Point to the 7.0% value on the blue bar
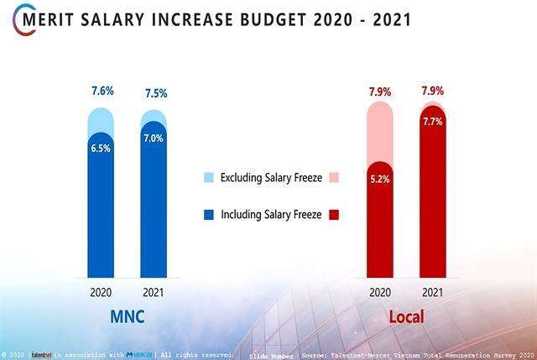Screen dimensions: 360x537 tap(153, 138)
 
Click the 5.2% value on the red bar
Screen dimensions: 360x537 tap(380, 180)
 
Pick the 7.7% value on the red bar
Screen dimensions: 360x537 tap(433, 123)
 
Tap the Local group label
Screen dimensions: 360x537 tap(406, 317)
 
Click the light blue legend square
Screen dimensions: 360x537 tap(209, 177)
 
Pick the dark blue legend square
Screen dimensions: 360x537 tap(209, 215)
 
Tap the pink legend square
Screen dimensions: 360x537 tap(334, 177)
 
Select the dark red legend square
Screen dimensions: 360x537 tap(334, 215)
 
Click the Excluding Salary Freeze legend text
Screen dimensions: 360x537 tap(271, 177)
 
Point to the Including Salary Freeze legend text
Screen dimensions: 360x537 tap(271, 215)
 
